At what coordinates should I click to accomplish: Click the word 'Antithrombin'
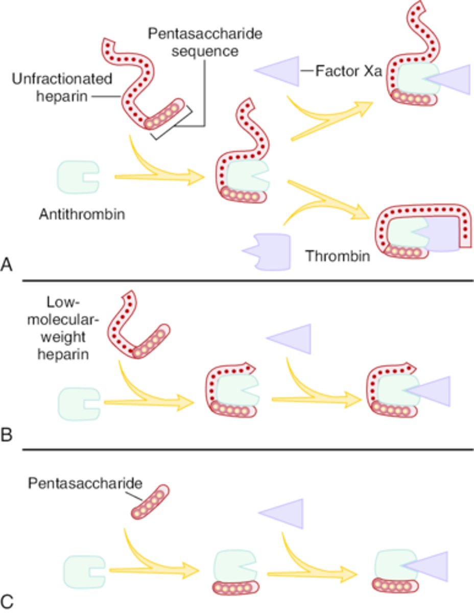(x=82, y=214)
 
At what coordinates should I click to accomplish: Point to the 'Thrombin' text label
(x=338, y=256)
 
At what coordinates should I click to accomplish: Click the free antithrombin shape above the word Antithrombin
(x=77, y=177)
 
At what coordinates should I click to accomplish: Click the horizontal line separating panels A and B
(x=247, y=280)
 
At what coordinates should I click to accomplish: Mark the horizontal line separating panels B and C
(x=247, y=450)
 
